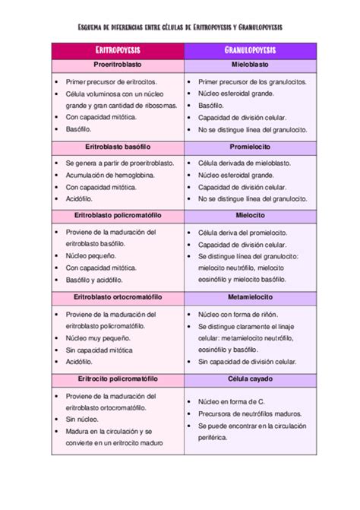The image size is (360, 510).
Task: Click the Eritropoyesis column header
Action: point(117,50)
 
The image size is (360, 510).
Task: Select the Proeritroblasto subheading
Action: point(117,66)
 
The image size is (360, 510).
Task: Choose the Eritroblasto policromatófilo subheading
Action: point(117,215)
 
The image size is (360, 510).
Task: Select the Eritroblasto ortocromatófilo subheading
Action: point(117,297)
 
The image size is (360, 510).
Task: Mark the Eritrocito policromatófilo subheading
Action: point(117,379)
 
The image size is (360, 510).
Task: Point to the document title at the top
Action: point(180,26)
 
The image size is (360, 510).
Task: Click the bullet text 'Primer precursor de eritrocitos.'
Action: point(112,81)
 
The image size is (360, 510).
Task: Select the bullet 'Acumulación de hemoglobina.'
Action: point(109,175)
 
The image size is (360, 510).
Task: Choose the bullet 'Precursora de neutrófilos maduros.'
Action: point(251,413)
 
